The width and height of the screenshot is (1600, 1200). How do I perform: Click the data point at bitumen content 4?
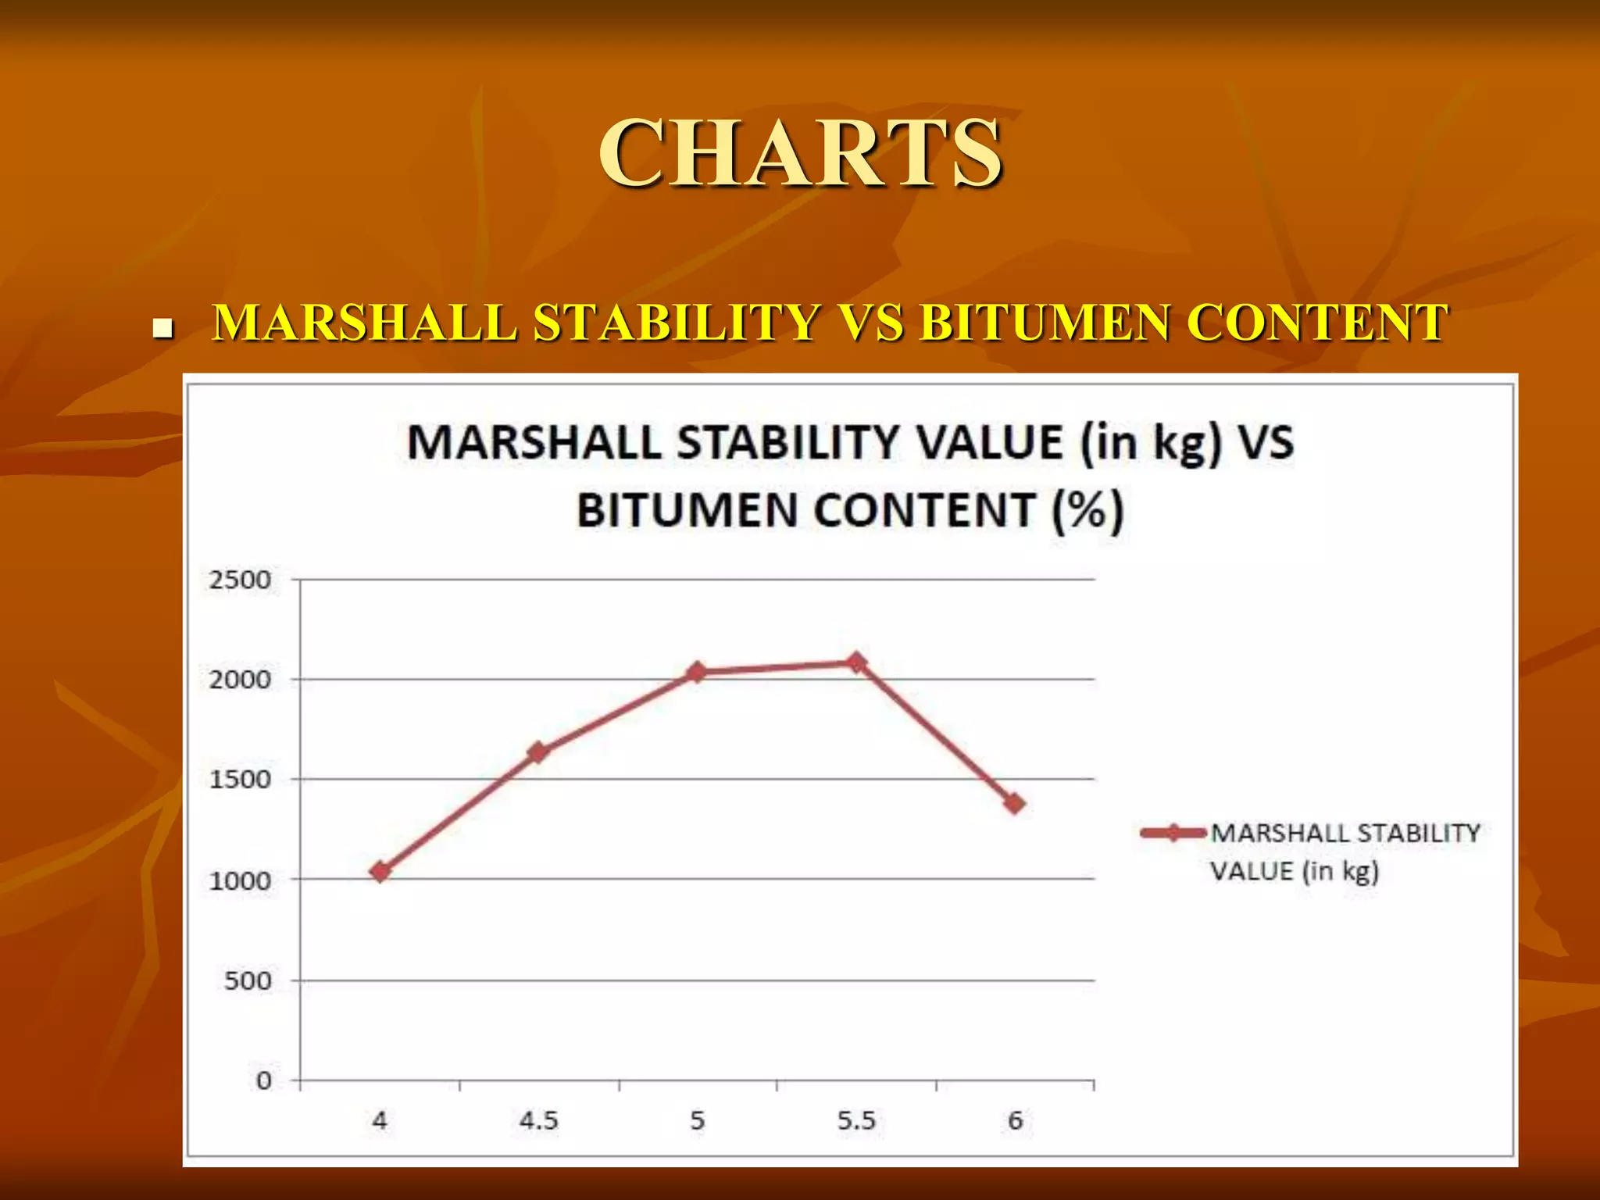click(x=380, y=871)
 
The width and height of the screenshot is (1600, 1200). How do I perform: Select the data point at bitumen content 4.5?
click(x=538, y=752)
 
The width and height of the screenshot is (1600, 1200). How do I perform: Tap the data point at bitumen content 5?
click(x=698, y=672)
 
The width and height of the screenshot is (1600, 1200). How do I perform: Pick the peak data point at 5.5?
click(x=856, y=662)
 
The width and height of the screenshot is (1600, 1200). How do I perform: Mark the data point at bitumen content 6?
click(x=1015, y=803)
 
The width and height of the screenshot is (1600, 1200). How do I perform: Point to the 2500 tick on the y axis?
click(x=240, y=580)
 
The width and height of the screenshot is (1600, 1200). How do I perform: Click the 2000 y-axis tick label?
click(x=240, y=680)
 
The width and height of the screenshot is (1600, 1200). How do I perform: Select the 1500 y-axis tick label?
click(x=240, y=780)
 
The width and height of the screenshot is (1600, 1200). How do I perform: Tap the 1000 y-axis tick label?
click(x=240, y=881)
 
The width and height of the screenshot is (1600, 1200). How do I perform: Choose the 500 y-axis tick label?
click(x=248, y=981)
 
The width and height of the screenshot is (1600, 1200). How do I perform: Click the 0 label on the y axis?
click(x=264, y=1081)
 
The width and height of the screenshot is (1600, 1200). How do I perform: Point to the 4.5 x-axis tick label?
click(x=539, y=1121)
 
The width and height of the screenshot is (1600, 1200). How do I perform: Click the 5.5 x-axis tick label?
click(x=856, y=1121)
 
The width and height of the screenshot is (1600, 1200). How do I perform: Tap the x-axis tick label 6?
click(x=1015, y=1121)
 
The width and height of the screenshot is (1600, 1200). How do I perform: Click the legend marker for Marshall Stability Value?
click(x=1173, y=833)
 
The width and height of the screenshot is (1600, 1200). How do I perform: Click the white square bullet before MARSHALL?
click(x=162, y=328)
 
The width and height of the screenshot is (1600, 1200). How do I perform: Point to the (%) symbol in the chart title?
click(x=1087, y=511)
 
